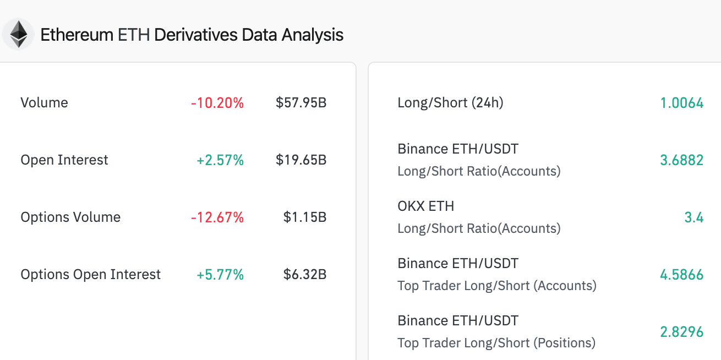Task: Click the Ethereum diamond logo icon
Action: (x=19, y=35)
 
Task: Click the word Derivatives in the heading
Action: (x=196, y=35)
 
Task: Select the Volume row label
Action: (x=44, y=103)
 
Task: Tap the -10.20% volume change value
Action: (x=217, y=103)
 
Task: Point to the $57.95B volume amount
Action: (x=301, y=103)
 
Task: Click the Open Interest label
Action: (x=64, y=160)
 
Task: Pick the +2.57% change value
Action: (x=220, y=160)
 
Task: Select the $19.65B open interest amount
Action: (x=301, y=160)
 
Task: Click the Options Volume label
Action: (x=70, y=217)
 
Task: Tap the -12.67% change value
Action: (x=217, y=217)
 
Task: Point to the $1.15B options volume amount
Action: (x=305, y=217)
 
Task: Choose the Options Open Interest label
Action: (x=91, y=275)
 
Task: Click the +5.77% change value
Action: (x=220, y=275)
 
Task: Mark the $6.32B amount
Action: (x=305, y=275)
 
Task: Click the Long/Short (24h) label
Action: (x=450, y=103)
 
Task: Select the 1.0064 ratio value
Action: (x=681, y=103)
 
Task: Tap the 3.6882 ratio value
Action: (x=681, y=160)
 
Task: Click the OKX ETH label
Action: (x=426, y=206)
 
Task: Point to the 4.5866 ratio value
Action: (x=681, y=275)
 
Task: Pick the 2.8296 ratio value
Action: (x=681, y=332)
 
